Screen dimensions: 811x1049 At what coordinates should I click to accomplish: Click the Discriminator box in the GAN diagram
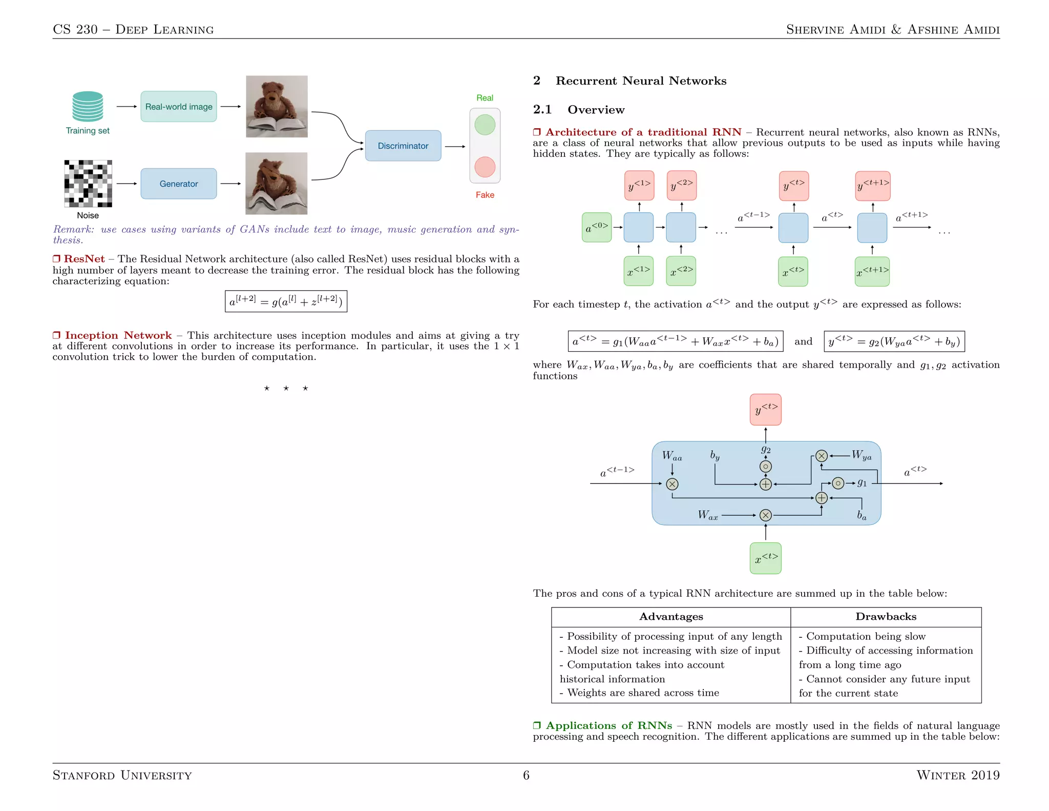click(x=403, y=146)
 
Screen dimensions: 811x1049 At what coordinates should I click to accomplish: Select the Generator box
click(x=178, y=184)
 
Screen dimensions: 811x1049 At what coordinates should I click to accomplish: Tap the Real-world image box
click(x=178, y=107)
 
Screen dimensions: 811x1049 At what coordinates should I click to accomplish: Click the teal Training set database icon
click(x=88, y=106)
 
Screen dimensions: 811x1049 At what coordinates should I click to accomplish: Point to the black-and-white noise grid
click(x=88, y=184)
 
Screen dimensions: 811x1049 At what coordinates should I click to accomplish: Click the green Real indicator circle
click(x=485, y=125)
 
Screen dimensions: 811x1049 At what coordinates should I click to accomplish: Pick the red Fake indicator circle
click(x=485, y=167)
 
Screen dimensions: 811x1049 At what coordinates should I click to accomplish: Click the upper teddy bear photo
click(x=277, y=107)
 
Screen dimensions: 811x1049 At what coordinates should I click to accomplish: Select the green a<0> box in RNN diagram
click(x=597, y=227)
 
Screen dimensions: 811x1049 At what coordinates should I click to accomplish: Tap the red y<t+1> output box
click(x=873, y=186)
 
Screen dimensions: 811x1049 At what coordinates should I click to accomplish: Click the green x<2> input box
click(x=681, y=271)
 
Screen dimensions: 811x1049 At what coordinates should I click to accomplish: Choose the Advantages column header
click(x=671, y=617)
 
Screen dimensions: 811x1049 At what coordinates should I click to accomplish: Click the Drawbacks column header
click(x=886, y=617)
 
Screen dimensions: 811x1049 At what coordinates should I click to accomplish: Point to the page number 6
click(x=526, y=775)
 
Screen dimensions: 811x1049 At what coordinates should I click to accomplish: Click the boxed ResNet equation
click(x=286, y=301)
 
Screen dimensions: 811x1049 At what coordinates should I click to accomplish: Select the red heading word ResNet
click(x=84, y=259)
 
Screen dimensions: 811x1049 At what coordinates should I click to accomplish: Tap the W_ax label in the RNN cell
click(x=707, y=515)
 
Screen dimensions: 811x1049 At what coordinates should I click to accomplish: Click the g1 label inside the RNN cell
click(x=862, y=483)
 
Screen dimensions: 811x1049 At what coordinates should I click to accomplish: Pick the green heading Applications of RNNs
click(x=609, y=725)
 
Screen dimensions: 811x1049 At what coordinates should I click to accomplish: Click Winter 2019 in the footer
click(x=958, y=775)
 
